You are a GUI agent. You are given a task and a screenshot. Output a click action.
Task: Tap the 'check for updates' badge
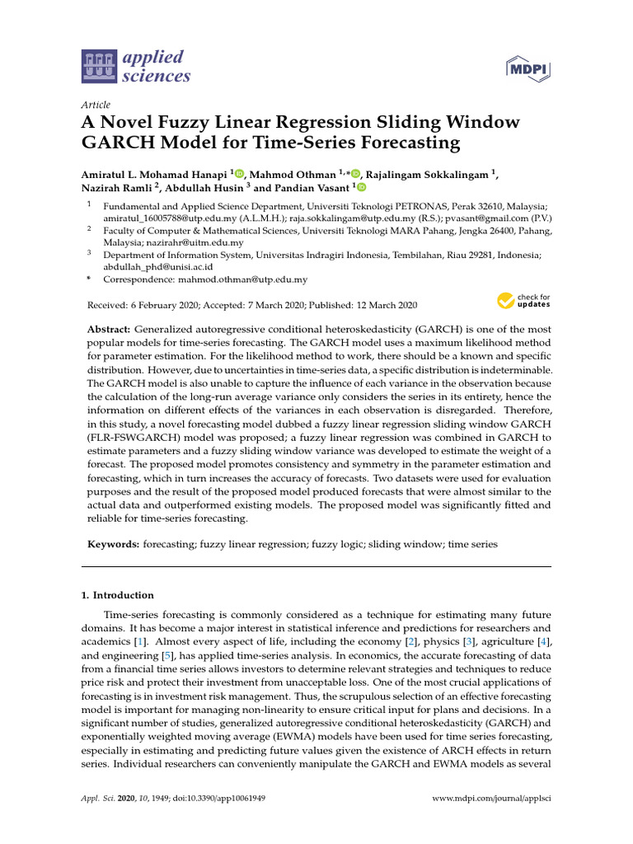point(523,302)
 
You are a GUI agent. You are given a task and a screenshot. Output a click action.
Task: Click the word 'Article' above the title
point(96,105)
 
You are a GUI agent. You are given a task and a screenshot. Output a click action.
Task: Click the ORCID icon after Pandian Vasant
point(360,188)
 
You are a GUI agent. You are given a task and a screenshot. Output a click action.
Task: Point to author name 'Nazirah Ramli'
point(115,188)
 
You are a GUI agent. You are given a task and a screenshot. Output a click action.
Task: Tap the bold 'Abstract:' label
point(112,329)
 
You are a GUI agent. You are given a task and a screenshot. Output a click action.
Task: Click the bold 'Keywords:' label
point(113,545)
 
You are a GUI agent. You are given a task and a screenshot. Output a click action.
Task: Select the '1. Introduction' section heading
point(117,595)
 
